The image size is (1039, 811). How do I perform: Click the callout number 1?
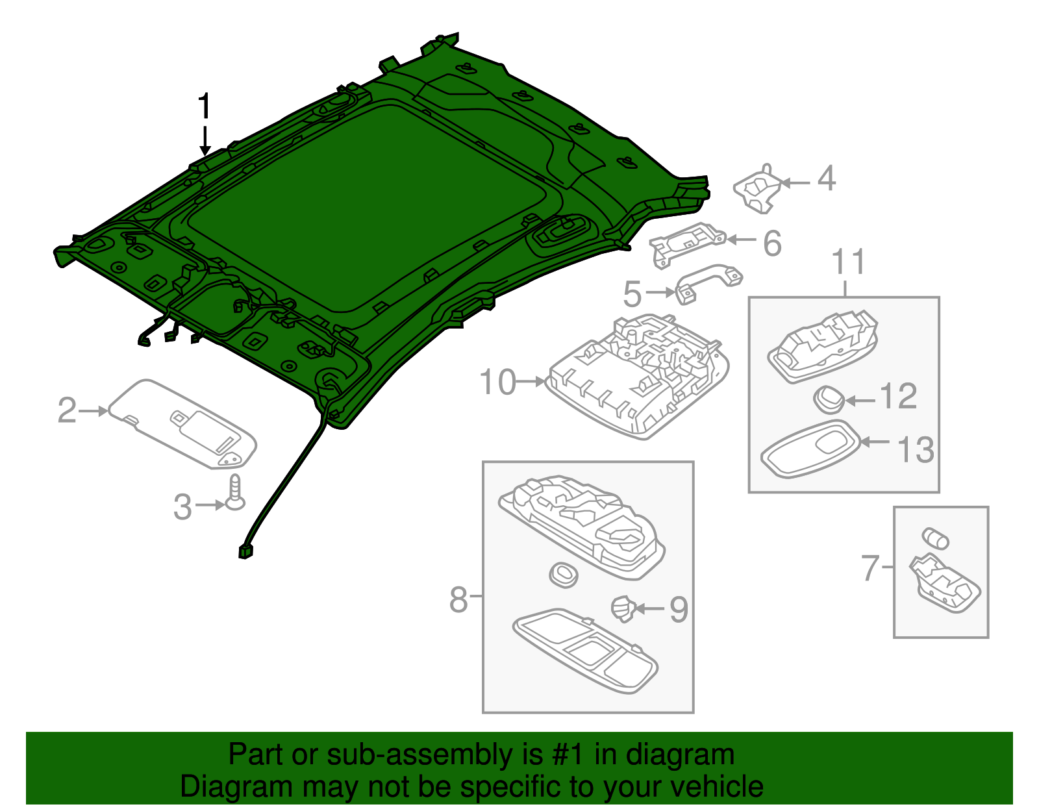coord(205,106)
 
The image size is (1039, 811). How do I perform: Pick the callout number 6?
coord(772,243)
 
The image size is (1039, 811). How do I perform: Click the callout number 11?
coord(849,262)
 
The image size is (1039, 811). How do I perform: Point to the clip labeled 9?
coord(623,607)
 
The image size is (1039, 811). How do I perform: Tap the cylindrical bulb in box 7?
coord(935,538)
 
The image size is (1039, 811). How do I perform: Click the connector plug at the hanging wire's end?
coord(245,552)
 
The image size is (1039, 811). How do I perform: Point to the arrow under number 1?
coord(205,139)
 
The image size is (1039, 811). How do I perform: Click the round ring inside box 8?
coord(563,574)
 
